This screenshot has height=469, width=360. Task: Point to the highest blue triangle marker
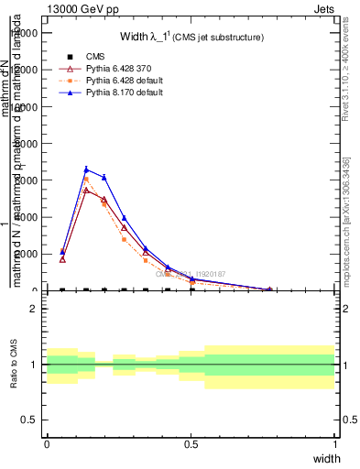coord(86,169)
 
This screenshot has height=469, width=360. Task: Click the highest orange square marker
coord(86,180)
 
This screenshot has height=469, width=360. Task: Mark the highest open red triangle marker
coord(86,190)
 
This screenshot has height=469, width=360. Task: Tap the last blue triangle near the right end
coord(269,289)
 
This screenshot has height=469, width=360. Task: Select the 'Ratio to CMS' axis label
coord(15,364)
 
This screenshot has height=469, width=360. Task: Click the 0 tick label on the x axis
coord(47,444)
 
